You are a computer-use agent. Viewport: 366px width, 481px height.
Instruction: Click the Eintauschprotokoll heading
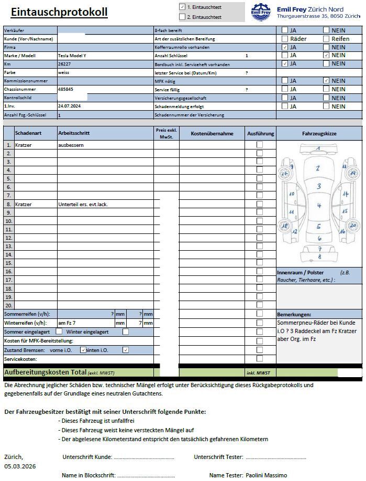pyautogui.click(x=59, y=12)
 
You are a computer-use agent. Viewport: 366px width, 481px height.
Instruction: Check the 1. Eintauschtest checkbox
pyautogui.click(x=182, y=7)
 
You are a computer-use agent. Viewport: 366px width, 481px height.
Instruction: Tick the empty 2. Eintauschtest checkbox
pyautogui.click(x=182, y=17)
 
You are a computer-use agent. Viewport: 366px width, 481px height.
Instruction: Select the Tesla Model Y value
pyautogui.click(x=74, y=55)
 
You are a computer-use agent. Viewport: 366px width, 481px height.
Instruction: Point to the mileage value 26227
pyautogui.click(x=64, y=63)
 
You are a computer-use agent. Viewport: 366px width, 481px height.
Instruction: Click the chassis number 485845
pyautogui.click(x=66, y=89)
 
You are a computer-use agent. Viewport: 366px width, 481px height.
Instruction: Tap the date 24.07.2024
pyautogui.click(x=68, y=106)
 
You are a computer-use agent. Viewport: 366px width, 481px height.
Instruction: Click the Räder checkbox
pyautogui.click(x=285, y=38)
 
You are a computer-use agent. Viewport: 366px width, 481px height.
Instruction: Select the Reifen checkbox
pyautogui.click(x=326, y=38)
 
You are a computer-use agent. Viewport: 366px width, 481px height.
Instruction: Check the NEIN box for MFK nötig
pyautogui.click(x=326, y=80)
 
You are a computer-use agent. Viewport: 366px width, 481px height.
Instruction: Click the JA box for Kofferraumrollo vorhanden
pyautogui.click(x=285, y=47)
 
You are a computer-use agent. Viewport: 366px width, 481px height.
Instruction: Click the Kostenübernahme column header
pyautogui.click(x=212, y=134)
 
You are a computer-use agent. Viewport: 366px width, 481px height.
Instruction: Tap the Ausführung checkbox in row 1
pyautogui.click(x=260, y=144)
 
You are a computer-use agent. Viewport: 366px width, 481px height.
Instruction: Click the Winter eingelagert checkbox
pyautogui.click(x=126, y=332)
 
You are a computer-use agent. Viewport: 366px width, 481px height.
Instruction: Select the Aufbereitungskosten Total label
pyautogui.click(x=45, y=372)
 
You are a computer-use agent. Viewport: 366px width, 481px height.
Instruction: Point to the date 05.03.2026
pyautogui.click(x=20, y=466)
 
